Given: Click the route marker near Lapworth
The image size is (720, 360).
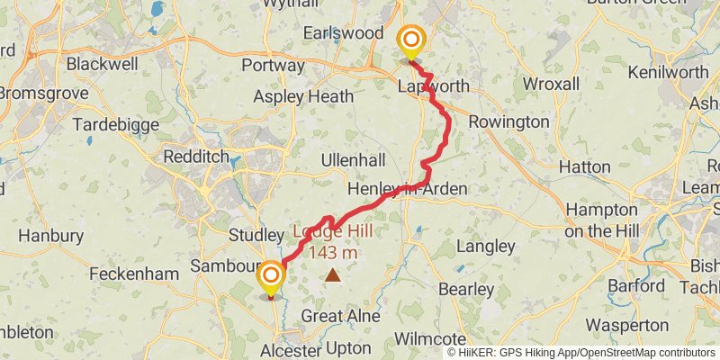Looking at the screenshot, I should [x=411, y=40].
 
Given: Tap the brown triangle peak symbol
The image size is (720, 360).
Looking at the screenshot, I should [x=333, y=276].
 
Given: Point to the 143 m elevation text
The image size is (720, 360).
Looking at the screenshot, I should [x=333, y=253].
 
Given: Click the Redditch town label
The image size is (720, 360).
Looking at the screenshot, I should [x=196, y=157].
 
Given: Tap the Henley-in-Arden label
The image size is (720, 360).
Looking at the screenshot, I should [x=408, y=189].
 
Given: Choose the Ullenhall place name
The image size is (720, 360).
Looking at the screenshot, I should [x=354, y=160].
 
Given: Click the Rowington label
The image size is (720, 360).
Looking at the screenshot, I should [x=509, y=121].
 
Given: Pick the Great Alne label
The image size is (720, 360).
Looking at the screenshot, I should [x=340, y=317].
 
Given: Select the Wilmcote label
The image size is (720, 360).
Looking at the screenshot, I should [x=434, y=339].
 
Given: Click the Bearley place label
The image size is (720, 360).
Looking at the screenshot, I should [x=466, y=290].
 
